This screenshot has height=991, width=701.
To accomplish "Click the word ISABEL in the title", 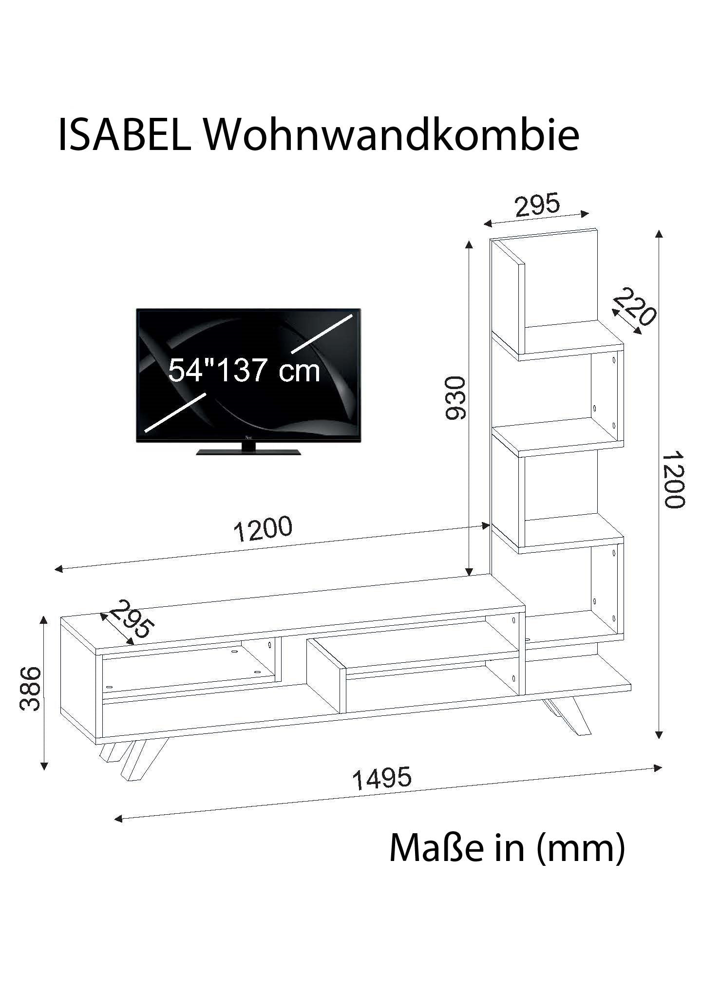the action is pyautogui.click(x=125, y=134).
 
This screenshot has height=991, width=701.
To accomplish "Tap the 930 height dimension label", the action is pyautogui.click(x=456, y=397).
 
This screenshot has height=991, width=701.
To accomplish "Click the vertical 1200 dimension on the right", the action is pyautogui.click(x=674, y=480).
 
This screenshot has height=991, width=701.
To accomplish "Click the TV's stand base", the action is pyautogui.click(x=248, y=450).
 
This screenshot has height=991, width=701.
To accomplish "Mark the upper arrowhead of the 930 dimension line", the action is pyautogui.click(x=469, y=245).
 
